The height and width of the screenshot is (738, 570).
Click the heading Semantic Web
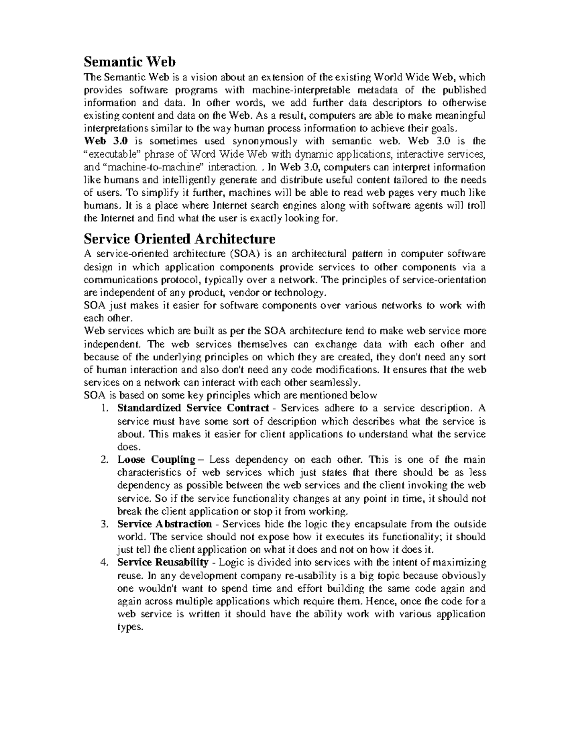130,62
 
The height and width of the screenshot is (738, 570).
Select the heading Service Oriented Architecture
179,238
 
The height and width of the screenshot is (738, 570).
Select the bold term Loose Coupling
156,460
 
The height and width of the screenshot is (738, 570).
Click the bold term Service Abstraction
164,524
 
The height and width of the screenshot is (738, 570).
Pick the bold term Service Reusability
163,563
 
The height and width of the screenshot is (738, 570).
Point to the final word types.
129,628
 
